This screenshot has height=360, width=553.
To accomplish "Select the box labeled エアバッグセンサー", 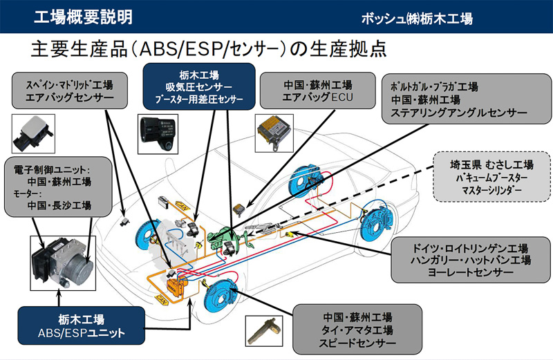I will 69,92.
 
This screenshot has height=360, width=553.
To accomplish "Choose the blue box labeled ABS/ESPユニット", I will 82,326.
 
